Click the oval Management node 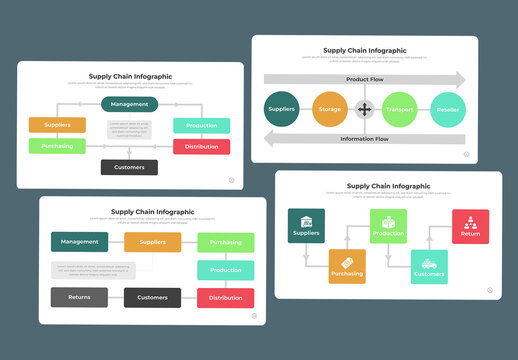click(129, 103)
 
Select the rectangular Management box click(80, 241)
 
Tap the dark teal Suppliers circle click(282, 109)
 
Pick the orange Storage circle click(329, 109)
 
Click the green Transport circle click(399, 110)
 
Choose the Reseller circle click(447, 110)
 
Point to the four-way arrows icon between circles click(364, 109)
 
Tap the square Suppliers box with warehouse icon click(305, 226)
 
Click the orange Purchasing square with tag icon click(347, 267)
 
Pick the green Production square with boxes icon click(388, 226)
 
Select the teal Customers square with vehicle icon click(429, 267)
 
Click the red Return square click(470, 226)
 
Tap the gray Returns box click(79, 297)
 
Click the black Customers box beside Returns click(152, 297)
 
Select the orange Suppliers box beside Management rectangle click(152, 241)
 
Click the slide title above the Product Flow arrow click(364, 50)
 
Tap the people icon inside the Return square click(470, 220)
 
